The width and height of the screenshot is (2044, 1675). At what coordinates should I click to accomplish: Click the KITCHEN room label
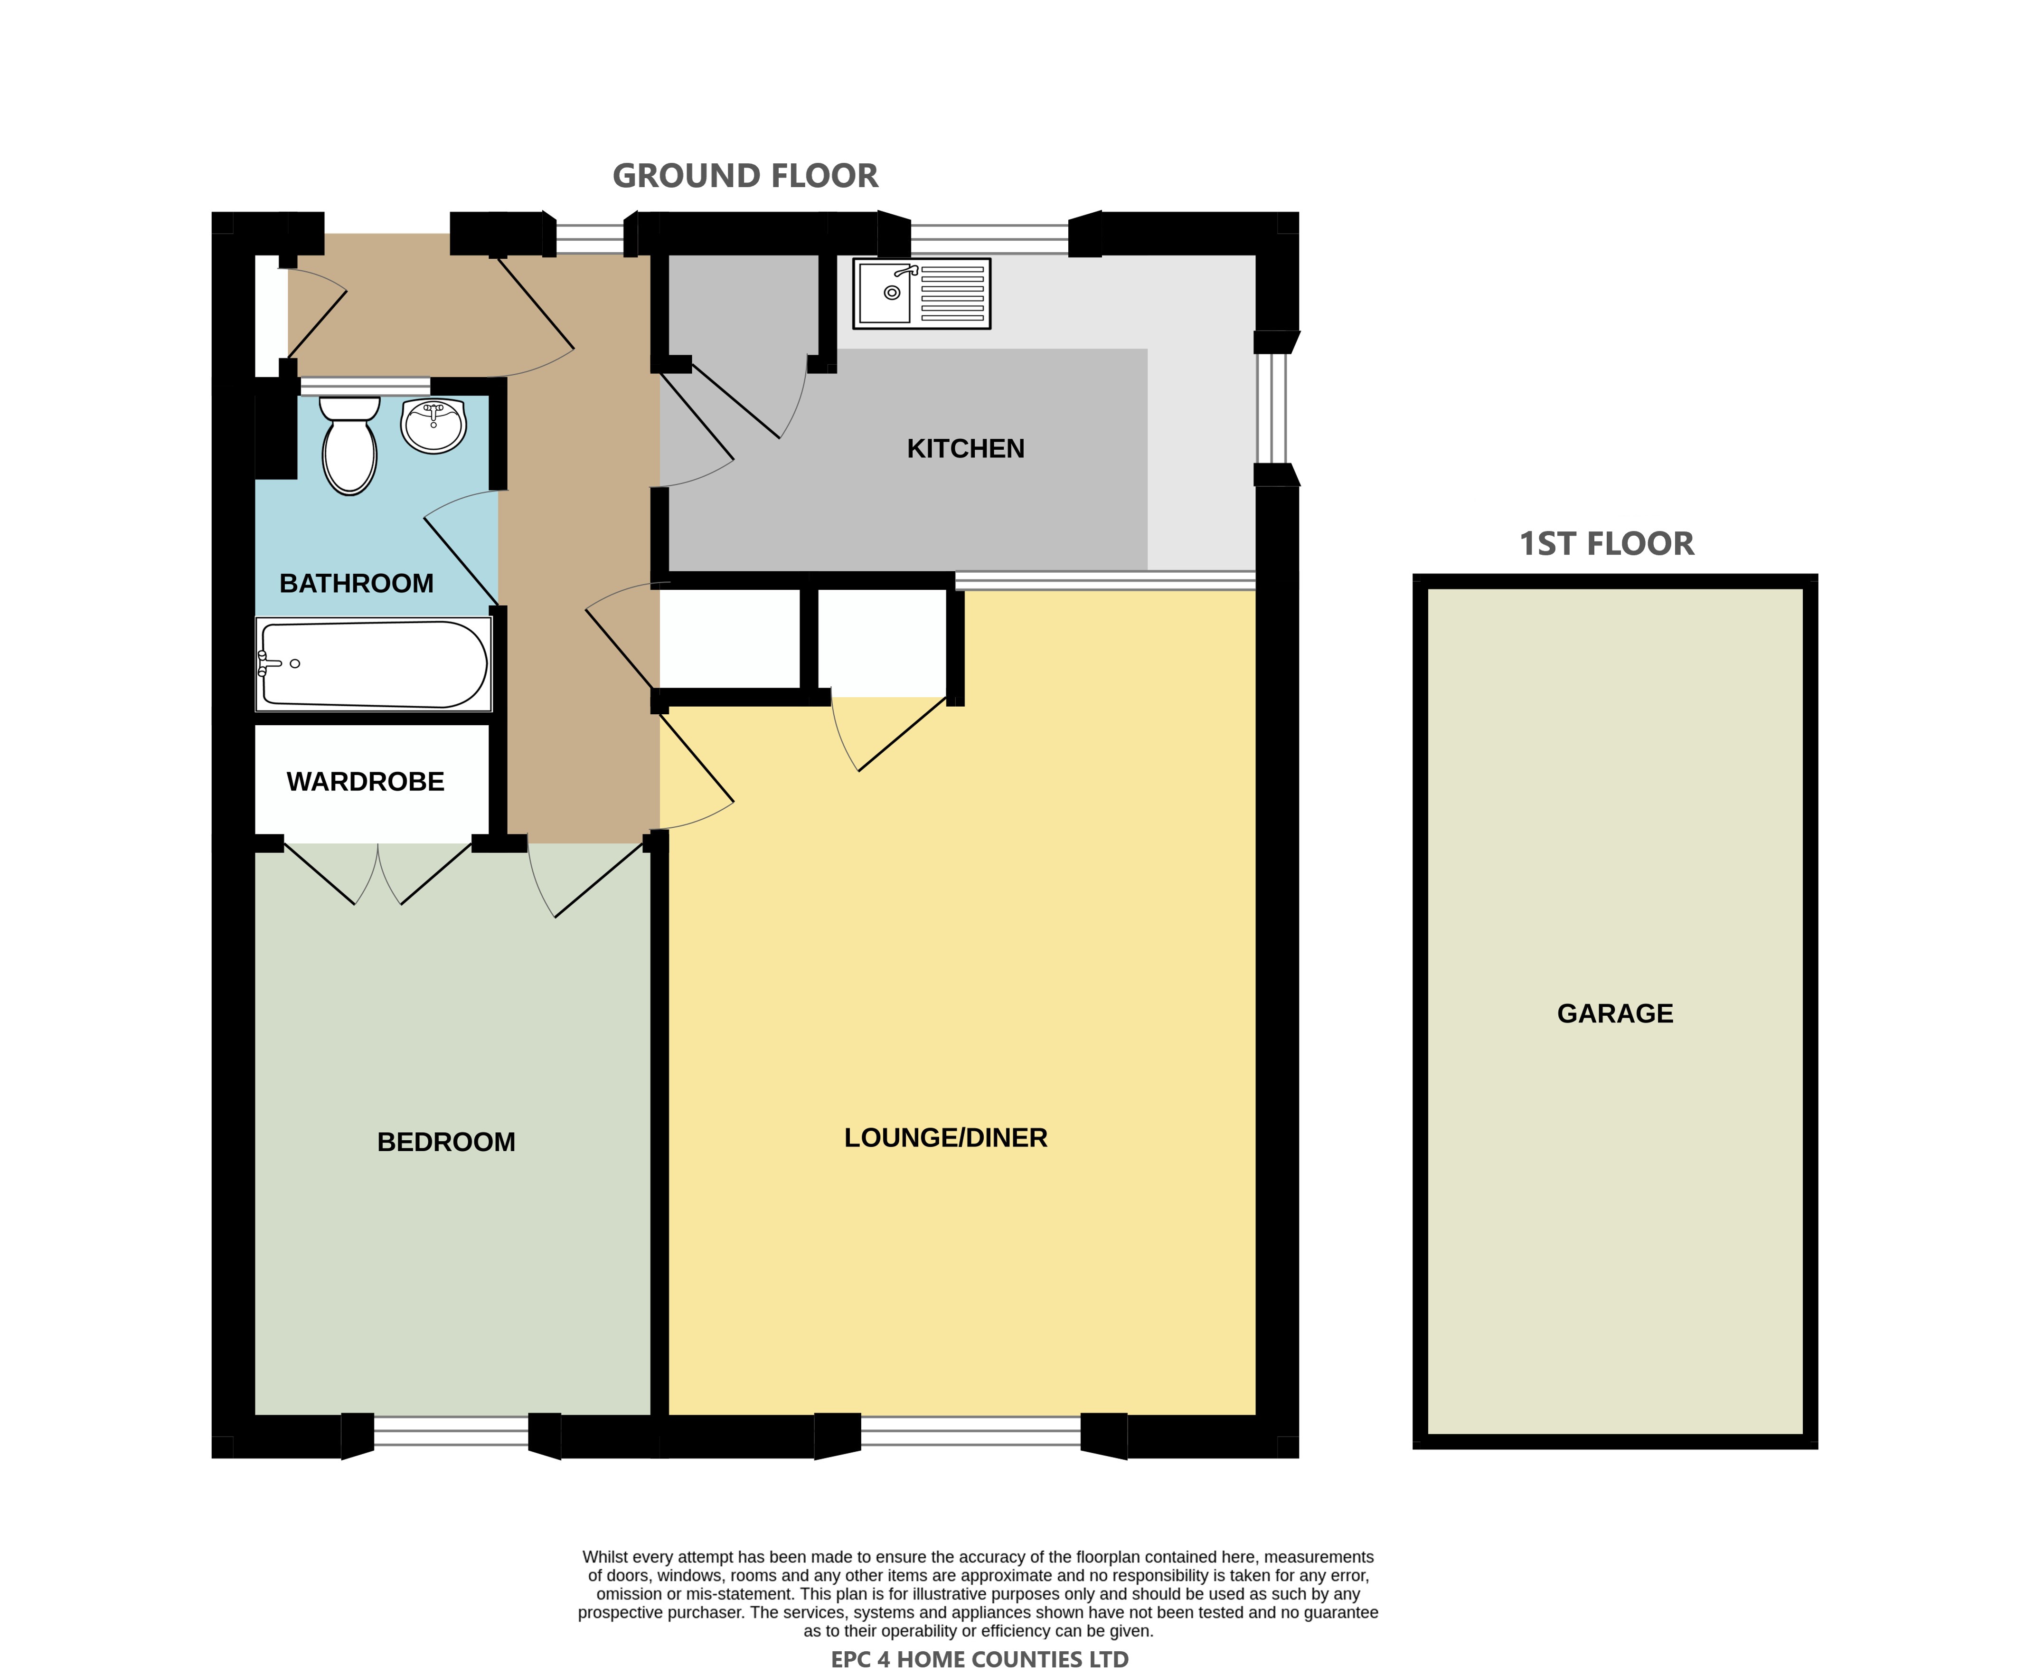(x=966, y=449)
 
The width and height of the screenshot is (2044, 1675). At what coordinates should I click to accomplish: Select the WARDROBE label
(x=366, y=782)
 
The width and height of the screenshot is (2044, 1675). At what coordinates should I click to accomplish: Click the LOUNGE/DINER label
(x=945, y=1138)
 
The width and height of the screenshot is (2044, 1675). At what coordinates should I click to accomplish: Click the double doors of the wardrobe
(x=378, y=873)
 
